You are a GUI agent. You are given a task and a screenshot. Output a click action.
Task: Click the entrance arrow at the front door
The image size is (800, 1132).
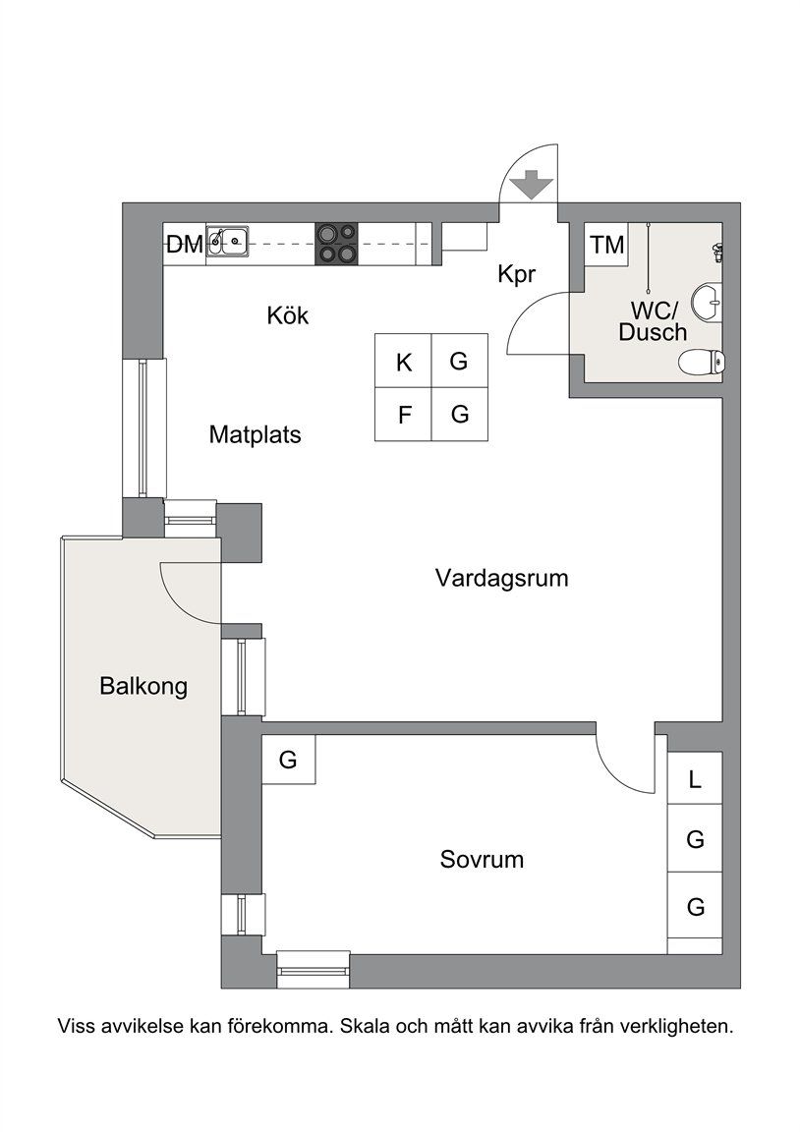531,184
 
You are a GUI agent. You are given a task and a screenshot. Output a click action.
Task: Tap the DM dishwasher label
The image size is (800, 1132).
184,245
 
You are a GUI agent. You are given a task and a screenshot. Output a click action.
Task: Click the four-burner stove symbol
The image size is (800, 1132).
336,244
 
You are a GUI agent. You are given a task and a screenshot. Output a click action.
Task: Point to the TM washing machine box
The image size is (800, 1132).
608,245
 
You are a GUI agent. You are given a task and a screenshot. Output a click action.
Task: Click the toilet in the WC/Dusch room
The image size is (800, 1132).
702,362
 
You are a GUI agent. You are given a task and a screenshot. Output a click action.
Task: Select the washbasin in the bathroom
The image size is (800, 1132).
707,301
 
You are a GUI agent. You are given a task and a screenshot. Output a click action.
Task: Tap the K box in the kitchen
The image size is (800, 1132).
404,362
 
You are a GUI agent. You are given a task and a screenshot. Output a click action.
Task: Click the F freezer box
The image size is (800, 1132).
404,415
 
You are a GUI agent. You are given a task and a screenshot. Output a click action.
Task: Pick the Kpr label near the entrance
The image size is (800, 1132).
516,275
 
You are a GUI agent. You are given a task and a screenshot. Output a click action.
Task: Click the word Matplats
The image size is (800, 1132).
255,434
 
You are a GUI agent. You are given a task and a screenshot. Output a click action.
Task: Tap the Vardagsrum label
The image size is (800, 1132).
501,578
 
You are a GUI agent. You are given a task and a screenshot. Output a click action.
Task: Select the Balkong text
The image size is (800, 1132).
143,686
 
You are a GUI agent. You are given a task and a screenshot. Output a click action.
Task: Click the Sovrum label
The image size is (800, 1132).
482,860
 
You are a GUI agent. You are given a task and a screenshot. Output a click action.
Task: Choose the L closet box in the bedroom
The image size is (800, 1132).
696,780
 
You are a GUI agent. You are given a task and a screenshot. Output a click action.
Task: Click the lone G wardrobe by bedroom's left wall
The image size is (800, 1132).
288,760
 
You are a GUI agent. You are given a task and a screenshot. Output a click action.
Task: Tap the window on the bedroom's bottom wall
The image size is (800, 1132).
314,969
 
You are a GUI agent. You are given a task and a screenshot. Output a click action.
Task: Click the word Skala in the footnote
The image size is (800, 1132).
369,1028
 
